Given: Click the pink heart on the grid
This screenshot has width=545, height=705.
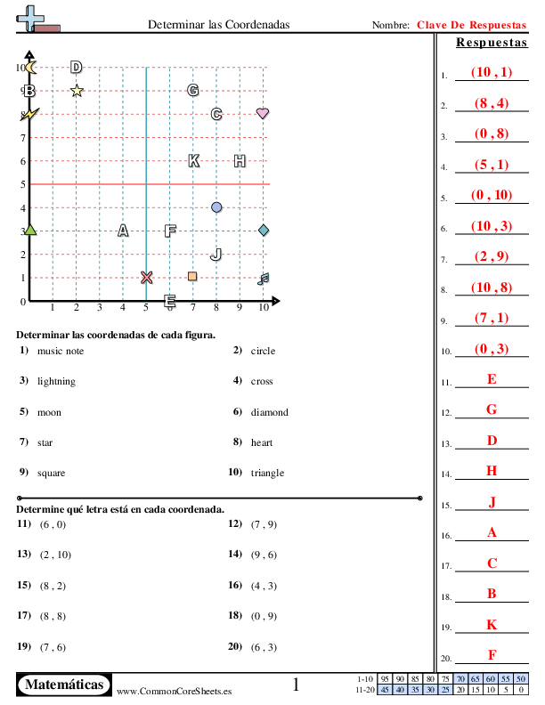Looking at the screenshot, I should pos(263,114).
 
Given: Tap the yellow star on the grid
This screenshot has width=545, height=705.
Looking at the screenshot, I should pos(77,90).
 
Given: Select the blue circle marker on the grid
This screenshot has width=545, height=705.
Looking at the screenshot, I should pos(216,207).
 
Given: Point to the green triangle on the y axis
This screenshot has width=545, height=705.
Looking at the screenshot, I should pos(30,231).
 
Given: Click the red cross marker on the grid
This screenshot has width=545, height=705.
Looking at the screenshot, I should pos(146,277).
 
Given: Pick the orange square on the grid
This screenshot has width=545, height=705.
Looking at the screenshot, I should pos(192,276).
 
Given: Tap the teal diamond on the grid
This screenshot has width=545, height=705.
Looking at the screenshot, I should pos(264,231).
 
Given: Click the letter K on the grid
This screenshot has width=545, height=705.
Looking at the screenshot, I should pos(193,160).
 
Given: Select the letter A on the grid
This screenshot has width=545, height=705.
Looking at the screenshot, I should pos(123,231).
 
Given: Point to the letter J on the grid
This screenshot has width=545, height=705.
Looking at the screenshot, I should pos(216,254).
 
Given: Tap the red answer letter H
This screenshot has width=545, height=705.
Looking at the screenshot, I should pos(492,470).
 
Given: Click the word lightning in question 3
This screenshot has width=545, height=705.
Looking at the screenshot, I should pos(56,381).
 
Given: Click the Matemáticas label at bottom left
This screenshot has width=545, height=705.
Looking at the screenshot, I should pos(65,685).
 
